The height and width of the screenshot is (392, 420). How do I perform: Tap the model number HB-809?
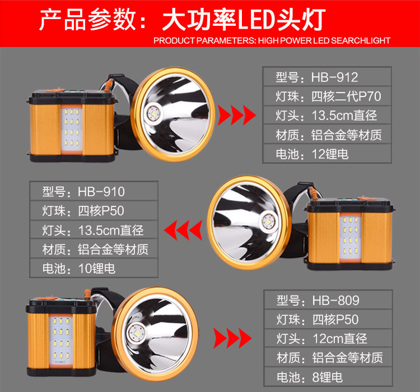[x=335, y=301]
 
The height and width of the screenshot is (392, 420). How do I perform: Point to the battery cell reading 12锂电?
[x=330, y=154]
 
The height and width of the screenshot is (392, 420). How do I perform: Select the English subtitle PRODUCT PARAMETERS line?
[x=272, y=40]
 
